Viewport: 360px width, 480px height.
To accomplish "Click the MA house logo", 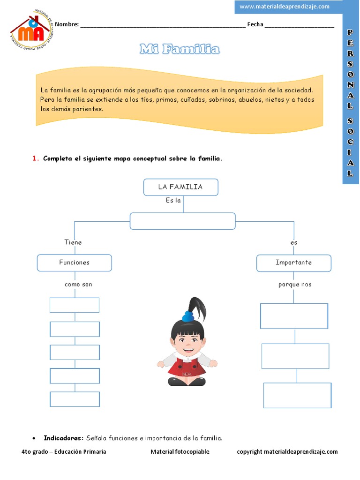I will (x=30, y=29).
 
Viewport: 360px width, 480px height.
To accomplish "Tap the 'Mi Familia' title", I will (x=180, y=49).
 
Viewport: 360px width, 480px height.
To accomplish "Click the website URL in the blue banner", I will (x=284, y=7).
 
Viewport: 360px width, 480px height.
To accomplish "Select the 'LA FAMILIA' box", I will (x=180, y=187).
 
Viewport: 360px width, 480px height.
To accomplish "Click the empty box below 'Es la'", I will (x=182, y=221).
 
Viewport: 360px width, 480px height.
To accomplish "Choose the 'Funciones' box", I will (x=74, y=262).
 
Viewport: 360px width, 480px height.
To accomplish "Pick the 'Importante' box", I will (x=293, y=262).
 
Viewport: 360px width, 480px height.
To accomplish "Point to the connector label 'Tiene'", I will (x=73, y=242).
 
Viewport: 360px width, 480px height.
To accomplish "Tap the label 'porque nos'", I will (x=295, y=285).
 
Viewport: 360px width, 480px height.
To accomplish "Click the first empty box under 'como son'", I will (x=75, y=305).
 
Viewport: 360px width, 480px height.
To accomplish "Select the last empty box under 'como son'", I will (x=75, y=399).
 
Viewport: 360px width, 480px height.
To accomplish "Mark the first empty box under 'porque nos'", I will (x=294, y=316).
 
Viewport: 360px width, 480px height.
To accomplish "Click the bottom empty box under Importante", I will (x=297, y=395).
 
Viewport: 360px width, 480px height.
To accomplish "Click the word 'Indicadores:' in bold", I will (x=63, y=438).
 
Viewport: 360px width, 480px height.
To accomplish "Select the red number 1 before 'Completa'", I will (x=35, y=158).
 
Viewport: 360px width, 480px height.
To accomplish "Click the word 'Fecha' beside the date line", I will (x=255, y=24).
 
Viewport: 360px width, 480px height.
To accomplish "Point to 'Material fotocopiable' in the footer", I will (x=180, y=452).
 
